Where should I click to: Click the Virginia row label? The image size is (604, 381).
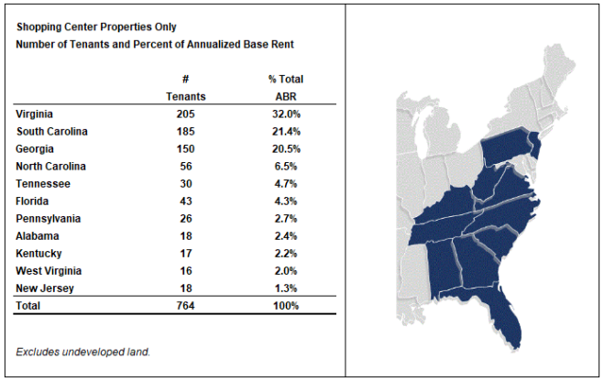click(x=35, y=114)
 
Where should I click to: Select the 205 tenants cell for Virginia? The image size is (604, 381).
click(x=186, y=114)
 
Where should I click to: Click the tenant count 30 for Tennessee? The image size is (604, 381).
click(x=186, y=184)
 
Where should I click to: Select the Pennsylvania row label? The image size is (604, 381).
click(x=49, y=219)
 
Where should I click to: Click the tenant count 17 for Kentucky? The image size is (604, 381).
click(x=186, y=254)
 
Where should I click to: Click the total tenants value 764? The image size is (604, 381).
click(x=186, y=306)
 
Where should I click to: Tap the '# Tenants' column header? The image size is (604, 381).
click(x=186, y=87)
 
